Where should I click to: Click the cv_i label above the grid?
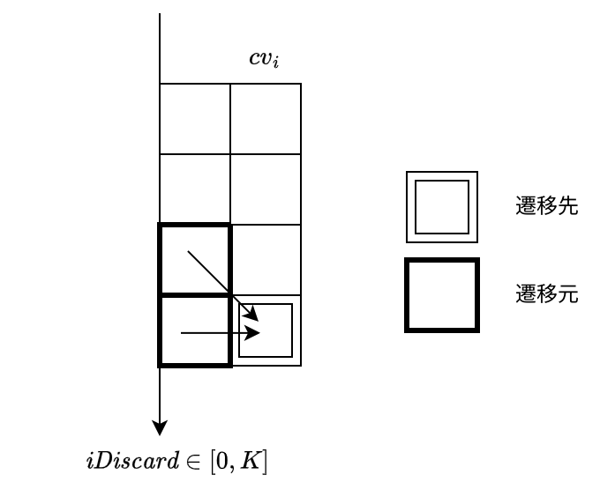click(264, 59)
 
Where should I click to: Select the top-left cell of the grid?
click(195, 118)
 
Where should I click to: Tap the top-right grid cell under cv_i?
click(266, 118)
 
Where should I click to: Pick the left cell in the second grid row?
click(195, 189)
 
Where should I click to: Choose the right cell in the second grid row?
click(266, 189)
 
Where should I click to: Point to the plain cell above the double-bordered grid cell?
click(266, 260)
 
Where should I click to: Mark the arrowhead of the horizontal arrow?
click(253, 333)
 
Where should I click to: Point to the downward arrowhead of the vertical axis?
click(160, 428)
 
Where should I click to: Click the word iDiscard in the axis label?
click(132, 460)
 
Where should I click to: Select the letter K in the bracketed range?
click(249, 461)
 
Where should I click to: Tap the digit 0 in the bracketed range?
click(222, 462)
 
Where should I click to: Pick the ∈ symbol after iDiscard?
click(193, 462)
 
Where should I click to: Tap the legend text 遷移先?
click(546, 205)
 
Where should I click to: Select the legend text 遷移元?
click(546, 293)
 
